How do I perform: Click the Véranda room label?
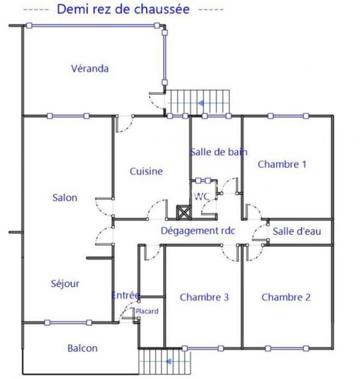click(90, 69)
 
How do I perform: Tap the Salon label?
click(65, 198)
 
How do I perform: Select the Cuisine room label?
click(146, 171)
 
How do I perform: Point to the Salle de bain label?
click(219, 152)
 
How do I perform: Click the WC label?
click(202, 196)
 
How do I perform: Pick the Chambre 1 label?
click(282, 164)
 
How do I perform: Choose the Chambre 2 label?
click(286, 298)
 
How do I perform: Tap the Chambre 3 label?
click(205, 298)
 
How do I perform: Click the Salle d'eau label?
click(297, 231)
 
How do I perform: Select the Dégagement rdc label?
click(198, 231)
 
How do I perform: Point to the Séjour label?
click(65, 284)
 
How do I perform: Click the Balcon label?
click(82, 348)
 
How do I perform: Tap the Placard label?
click(147, 311)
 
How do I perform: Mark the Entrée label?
click(126, 295)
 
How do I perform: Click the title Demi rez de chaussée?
click(123, 9)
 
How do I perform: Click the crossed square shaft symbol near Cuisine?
click(184, 212)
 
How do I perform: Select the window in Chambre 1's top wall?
click(288, 116)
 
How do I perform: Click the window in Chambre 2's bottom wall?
click(287, 349)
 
